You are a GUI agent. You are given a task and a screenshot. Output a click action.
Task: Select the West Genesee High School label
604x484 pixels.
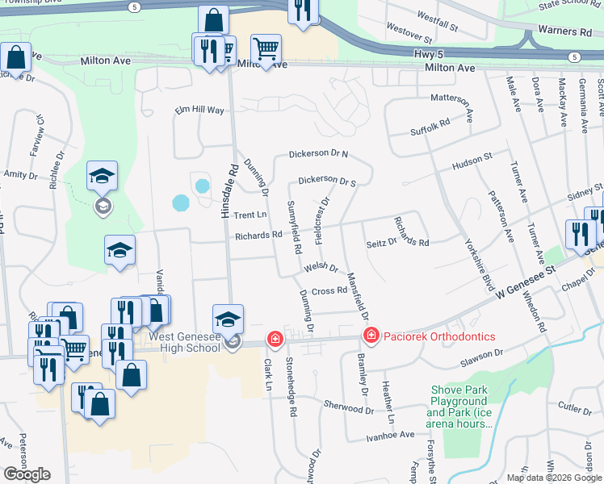point(173,341)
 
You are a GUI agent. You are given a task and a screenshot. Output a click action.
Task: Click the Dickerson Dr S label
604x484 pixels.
point(327,181)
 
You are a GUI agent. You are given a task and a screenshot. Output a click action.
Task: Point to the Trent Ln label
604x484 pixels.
point(250,215)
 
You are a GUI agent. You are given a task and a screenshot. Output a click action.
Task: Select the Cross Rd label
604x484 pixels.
point(329,291)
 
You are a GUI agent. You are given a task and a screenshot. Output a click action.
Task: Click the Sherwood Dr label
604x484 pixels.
point(349,406)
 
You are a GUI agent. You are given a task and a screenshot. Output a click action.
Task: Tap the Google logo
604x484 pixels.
point(27,474)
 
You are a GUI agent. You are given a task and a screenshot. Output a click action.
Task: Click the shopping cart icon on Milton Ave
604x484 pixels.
point(266,48)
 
